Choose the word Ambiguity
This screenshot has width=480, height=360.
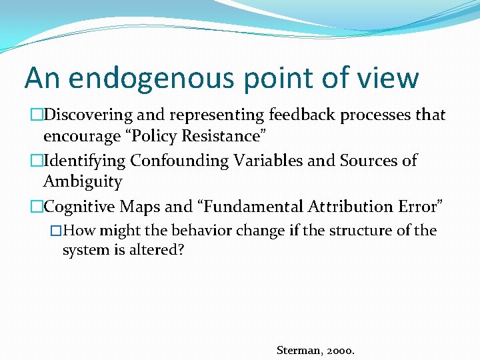tap(83, 182)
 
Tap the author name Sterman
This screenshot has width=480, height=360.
tap(299, 349)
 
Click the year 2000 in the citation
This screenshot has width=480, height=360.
tap(341, 349)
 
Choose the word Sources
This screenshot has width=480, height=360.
tap(374, 161)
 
